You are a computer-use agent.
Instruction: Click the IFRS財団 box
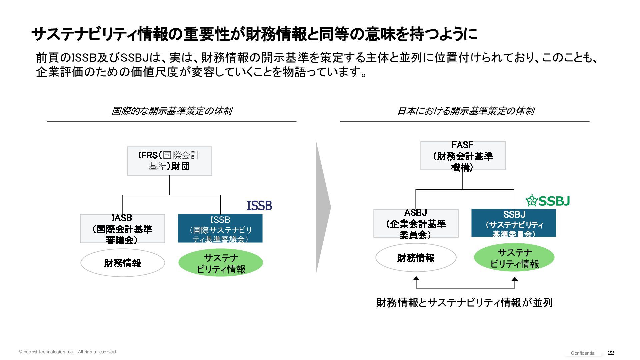point(169,161)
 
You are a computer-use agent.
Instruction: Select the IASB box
point(122,229)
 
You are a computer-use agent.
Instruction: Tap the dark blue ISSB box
point(220,228)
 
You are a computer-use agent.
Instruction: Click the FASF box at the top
point(463,156)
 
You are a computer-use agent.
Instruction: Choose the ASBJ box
point(416,223)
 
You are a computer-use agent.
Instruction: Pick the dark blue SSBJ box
point(514,223)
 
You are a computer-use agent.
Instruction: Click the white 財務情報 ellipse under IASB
point(123,263)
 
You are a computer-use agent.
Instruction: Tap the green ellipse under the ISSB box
point(221,263)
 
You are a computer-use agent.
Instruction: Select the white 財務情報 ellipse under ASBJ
point(416,258)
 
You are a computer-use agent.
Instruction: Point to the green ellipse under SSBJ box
point(514,258)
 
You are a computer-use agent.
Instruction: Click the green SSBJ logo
point(548,201)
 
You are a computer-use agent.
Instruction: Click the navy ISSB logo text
point(259,206)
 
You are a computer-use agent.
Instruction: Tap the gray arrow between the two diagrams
point(323,207)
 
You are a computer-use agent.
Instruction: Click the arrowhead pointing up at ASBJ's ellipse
point(416,279)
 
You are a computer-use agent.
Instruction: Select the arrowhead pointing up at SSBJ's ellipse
point(515,280)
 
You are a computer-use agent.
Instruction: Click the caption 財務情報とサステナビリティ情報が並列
point(464,303)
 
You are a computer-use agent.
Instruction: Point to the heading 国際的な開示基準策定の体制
point(172,111)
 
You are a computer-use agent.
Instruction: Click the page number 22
point(611,353)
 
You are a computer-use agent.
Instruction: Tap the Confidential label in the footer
point(583,353)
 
